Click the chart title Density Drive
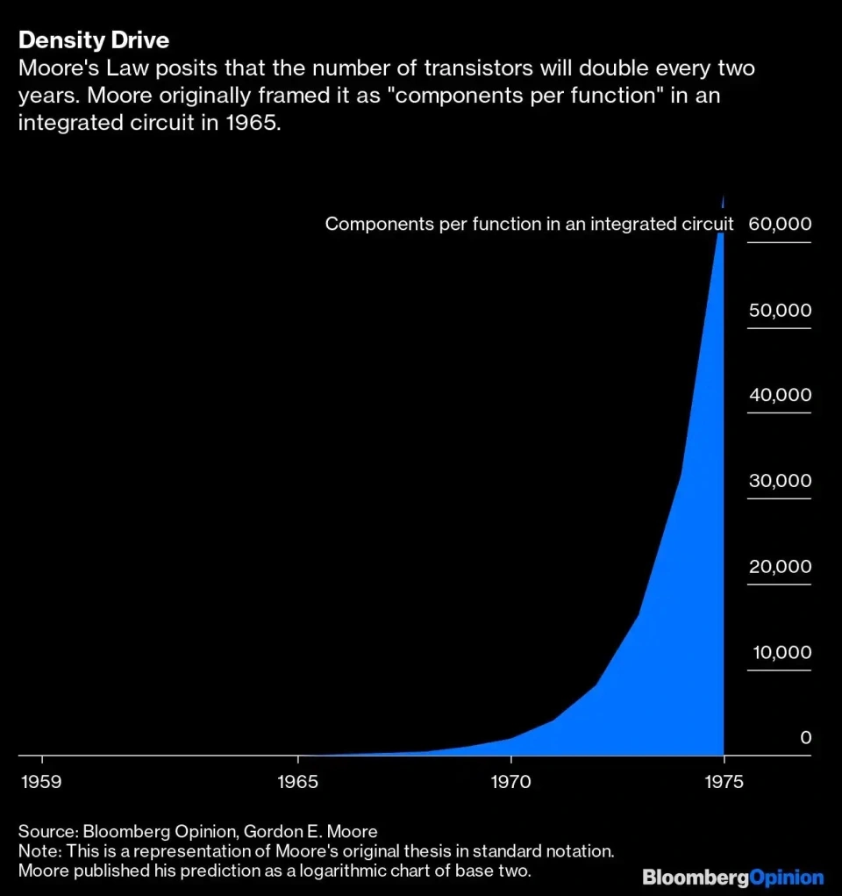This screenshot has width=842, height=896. tap(94, 40)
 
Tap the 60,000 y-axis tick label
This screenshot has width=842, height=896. tap(780, 224)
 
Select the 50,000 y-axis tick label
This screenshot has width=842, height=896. tap(780, 310)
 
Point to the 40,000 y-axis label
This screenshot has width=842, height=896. tap(780, 395)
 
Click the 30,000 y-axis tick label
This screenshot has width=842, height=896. tap(780, 481)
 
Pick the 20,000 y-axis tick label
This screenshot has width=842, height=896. tap(780, 566)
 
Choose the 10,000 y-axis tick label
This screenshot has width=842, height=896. tap(780, 652)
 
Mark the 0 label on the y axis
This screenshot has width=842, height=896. tap(805, 738)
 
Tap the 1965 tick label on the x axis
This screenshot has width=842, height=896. tap(298, 779)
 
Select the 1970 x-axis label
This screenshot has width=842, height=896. tap(511, 779)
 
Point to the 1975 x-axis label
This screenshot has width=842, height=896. tap(724, 779)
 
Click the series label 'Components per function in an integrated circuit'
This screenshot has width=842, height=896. tap(529, 224)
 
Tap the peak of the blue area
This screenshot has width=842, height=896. tap(723, 197)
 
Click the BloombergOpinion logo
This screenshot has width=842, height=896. tap(733, 877)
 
